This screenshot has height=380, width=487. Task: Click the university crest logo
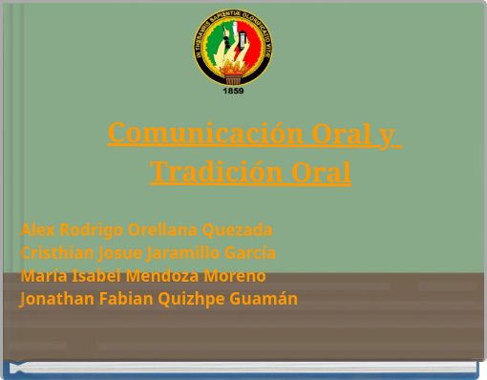(233, 48)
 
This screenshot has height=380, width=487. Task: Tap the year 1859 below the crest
(233, 91)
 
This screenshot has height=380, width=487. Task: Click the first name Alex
(38, 230)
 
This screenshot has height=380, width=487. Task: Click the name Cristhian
(56, 253)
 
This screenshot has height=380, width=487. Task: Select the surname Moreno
(235, 276)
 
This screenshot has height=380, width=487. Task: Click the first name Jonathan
(56, 299)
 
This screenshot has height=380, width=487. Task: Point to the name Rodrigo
(91, 230)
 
